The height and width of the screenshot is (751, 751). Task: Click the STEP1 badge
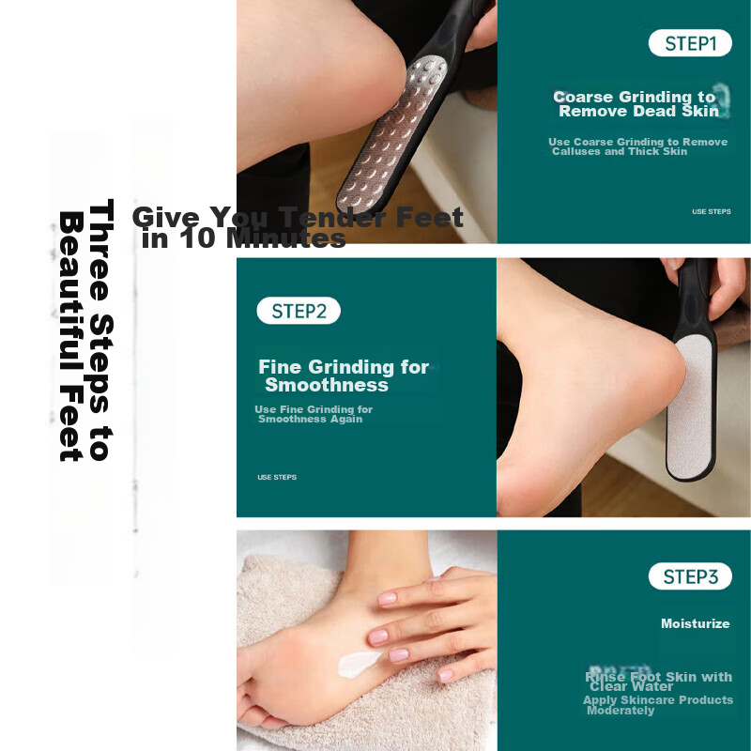690,43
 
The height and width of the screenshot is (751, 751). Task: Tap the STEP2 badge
299,311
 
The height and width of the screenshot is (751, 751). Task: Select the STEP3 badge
690,576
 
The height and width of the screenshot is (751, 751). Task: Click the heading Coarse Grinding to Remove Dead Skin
636,104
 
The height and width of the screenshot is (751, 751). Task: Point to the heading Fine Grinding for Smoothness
343,375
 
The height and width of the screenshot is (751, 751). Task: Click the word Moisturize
695,623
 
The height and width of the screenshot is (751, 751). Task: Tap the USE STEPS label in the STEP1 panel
711,211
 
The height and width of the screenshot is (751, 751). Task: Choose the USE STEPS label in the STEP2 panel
277,477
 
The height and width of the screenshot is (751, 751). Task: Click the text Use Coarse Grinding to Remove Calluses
637,146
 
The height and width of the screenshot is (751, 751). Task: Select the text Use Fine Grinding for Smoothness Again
314,414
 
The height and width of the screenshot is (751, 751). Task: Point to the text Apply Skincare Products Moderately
657,705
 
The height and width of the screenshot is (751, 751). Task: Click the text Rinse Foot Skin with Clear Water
658,682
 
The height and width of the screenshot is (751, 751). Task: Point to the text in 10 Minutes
244,239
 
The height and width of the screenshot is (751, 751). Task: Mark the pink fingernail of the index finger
386,598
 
